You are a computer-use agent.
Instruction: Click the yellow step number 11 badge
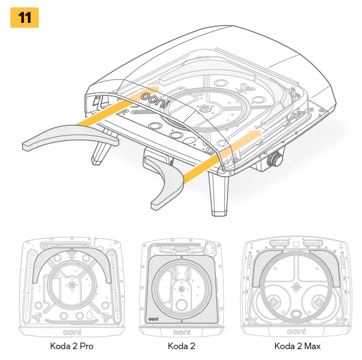click(x=25, y=17)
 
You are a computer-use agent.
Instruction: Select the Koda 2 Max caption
click(x=297, y=346)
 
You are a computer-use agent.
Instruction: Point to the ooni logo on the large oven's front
click(x=155, y=100)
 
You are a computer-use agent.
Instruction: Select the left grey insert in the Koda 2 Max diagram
click(x=263, y=268)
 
